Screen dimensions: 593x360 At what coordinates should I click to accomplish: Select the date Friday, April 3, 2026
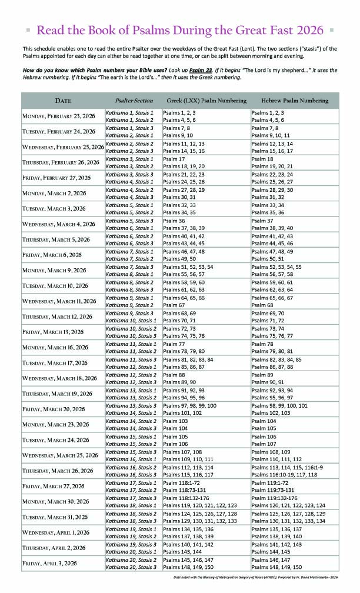[x=51, y=563]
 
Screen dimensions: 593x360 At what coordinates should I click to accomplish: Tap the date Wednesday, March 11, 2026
[x=60, y=301]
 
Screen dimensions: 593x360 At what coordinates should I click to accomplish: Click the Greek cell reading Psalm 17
[x=174, y=159]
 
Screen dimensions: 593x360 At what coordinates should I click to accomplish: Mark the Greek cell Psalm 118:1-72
[x=184, y=484]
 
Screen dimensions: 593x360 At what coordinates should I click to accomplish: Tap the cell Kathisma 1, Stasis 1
[x=129, y=111]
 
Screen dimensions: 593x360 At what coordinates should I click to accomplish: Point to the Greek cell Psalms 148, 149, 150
[x=188, y=567]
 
